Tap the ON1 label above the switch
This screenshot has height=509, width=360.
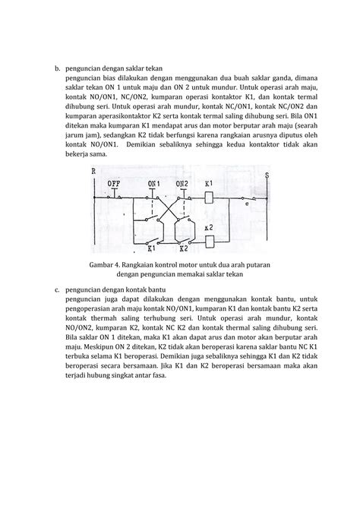point(154,183)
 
